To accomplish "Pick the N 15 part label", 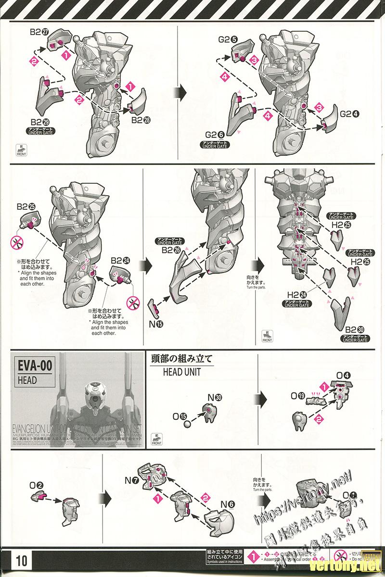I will click(x=156, y=324).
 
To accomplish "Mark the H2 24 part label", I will click(x=297, y=294).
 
